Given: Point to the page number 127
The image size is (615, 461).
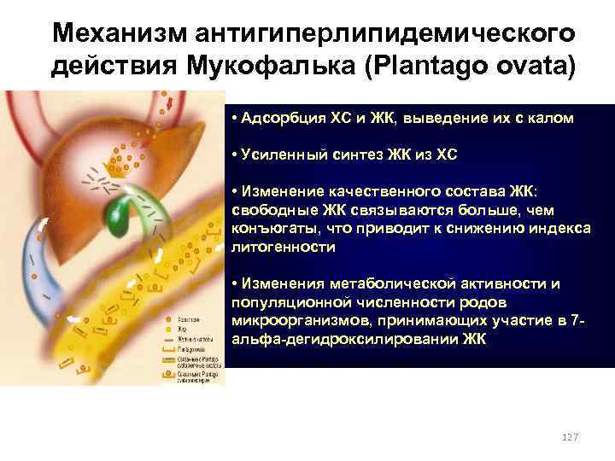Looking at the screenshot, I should pyautogui.click(x=568, y=436).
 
